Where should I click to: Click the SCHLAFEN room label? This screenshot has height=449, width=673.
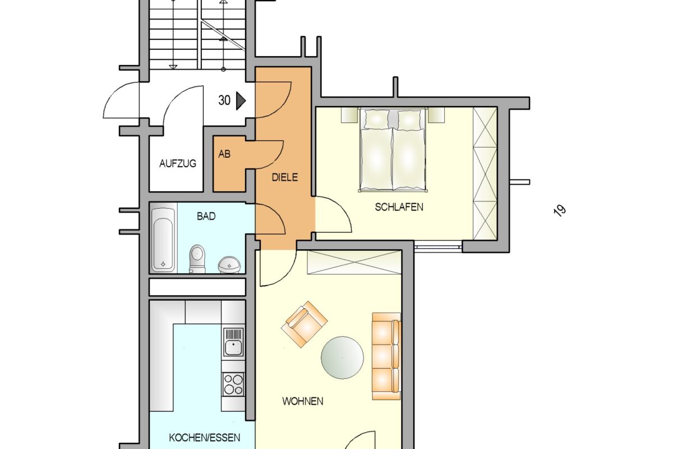(399, 207)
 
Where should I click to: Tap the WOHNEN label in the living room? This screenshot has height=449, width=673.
(303, 401)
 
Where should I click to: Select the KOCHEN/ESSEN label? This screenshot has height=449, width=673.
(205, 438)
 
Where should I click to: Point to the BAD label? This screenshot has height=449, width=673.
(206, 216)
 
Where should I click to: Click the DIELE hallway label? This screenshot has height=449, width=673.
(285, 177)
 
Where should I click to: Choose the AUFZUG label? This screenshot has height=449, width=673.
(178, 163)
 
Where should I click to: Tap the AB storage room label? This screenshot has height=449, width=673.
(224, 154)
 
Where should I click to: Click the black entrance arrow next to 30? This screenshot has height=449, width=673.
(241, 101)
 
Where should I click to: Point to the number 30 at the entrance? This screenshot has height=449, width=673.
(224, 100)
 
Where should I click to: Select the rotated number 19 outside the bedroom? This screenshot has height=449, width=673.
(560, 210)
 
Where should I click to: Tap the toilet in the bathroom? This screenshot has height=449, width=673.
(197, 259)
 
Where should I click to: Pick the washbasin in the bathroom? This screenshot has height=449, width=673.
(229, 265)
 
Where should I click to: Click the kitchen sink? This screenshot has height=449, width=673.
(233, 344)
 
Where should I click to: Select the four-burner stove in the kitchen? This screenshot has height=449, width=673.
(233, 384)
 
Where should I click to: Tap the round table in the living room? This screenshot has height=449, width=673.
(342, 358)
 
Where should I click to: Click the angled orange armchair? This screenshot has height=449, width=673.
(304, 324)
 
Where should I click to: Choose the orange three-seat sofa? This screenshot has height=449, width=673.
(386, 356)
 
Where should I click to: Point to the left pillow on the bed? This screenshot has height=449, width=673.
(376, 120)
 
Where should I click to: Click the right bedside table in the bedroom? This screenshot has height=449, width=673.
(436, 115)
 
